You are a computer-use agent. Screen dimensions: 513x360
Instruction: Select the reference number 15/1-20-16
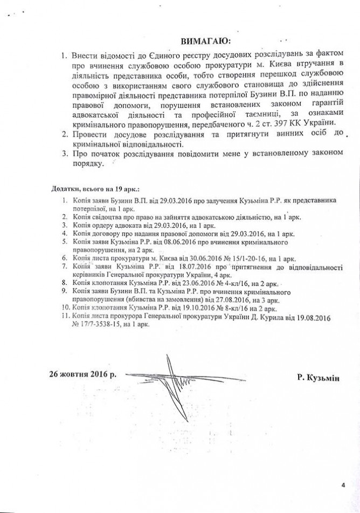pyautogui.click(x=234, y=259)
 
